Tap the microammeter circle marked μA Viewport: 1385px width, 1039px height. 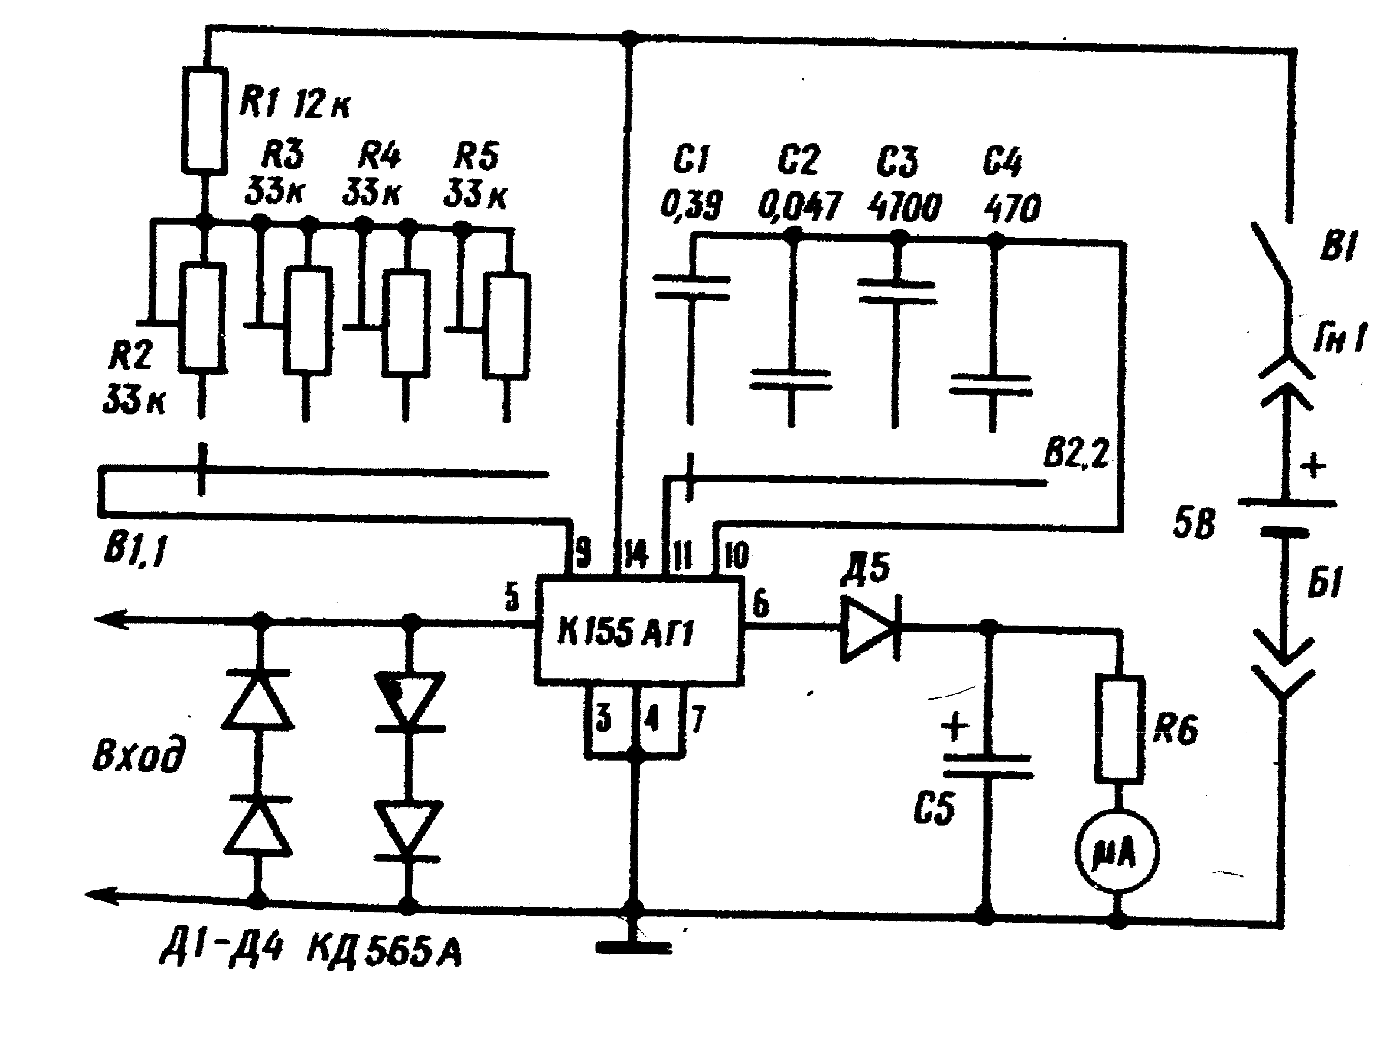pos(1117,852)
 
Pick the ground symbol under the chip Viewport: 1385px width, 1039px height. pos(634,947)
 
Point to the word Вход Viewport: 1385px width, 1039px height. pos(139,756)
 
